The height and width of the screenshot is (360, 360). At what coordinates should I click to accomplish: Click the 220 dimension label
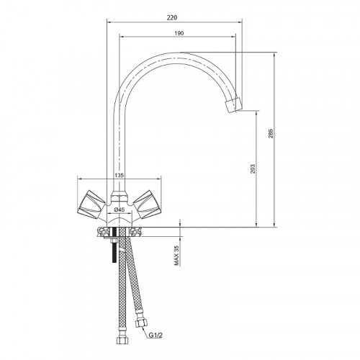pyautogui.click(x=172, y=17)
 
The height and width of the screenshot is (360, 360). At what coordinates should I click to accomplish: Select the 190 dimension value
pyautogui.click(x=179, y=33)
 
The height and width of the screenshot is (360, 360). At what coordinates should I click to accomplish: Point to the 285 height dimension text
pyautogui.click(x=271, y=134)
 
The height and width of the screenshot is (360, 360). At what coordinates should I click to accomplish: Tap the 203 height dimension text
pyautogui.click(x=253, y=169)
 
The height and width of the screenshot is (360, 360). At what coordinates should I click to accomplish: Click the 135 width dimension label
pyautogui.click(x=120, y=176)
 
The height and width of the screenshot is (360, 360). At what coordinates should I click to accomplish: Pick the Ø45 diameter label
pyautogui.click(x=120, y=210)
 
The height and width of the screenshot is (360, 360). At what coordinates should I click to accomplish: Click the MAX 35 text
pyautogui.click(x=177, y=256)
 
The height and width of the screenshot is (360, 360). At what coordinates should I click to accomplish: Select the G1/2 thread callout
pyautogui.click(x=156, y=335)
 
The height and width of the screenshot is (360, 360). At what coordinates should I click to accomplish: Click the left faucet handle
pyautogui.click(x=91, y=204)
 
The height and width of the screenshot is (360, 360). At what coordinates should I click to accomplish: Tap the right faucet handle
pyautogui.click(x=148, y=204)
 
